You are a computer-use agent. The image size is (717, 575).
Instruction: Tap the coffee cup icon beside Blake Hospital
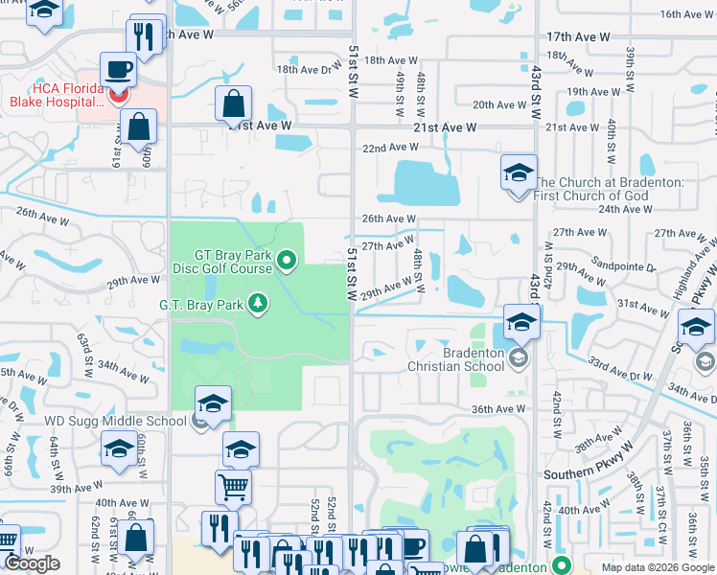point(118,70)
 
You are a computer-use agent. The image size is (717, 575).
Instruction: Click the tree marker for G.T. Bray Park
point(257,305)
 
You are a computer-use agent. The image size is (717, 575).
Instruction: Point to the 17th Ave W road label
point(578,36)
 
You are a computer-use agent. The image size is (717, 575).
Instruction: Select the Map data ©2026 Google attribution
point(656,567)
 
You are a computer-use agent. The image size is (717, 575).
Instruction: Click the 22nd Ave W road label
point(389,147)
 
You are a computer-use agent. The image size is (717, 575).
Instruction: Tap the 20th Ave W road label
point(499,104)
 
